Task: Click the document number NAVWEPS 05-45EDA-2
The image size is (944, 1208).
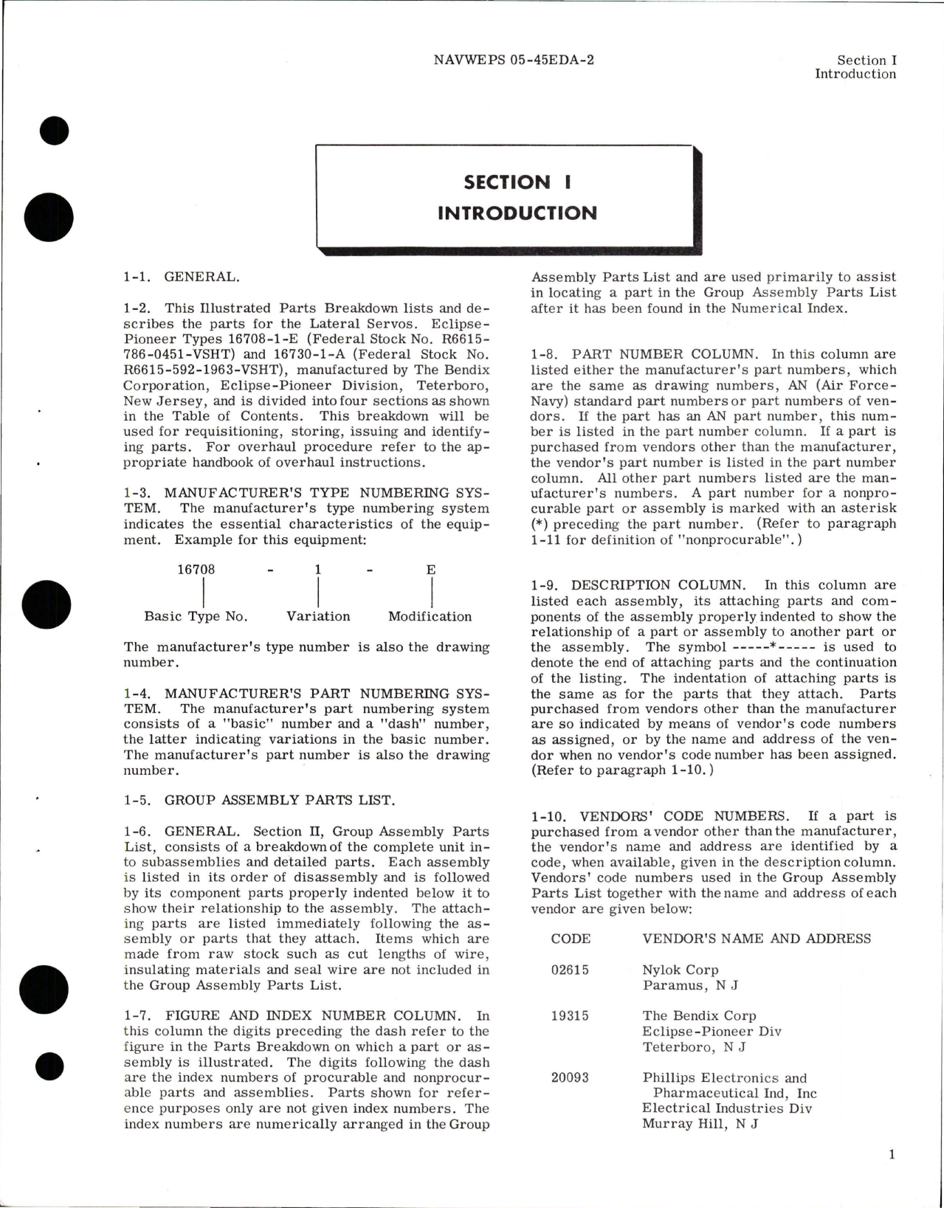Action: coord(514,60)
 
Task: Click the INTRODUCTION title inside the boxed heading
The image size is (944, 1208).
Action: coord(517,213)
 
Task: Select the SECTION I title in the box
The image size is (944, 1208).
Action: coord(517,182)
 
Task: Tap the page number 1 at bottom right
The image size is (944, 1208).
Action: coord(891,1155)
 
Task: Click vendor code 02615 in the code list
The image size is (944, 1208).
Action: coord(570,970)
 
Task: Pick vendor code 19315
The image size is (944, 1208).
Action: coord(570,1015)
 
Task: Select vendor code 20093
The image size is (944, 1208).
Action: coord(570,1077)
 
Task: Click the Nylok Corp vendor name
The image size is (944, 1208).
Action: coord(680,970)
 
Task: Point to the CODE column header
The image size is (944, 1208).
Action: coord(571,939)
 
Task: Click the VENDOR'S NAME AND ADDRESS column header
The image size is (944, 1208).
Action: coord(757,939)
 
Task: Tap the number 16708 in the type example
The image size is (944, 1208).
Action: coord(196,570)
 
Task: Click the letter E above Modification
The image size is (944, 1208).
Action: coord(431,570)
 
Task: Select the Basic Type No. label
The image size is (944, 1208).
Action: coord(196,616)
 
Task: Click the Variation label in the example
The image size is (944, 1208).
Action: coord(318,616)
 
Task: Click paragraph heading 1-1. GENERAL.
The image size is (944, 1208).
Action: coord(181,277)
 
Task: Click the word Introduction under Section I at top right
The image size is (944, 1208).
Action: coord(855,74)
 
